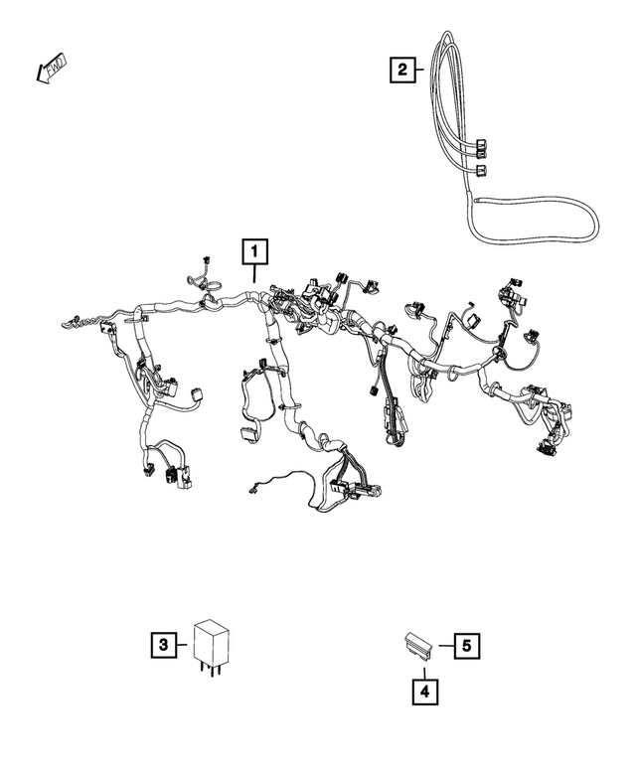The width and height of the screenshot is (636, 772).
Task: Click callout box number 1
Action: pyautogui.click(x=254, y=249)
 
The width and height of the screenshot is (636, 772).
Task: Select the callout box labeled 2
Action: pyautogui.click(x=401, y=69)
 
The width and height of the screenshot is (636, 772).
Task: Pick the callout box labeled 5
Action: pyautogui.click(x=468, y=645)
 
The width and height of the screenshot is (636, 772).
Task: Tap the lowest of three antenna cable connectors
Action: pyautogui.click(x=482, y=171)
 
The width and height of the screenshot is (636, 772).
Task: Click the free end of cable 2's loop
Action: pyautogui.click(x=478, y=200)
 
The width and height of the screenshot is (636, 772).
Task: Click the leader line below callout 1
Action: pyautogui.click(x=254, y=274)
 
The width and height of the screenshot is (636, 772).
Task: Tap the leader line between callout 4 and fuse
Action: pyautogui.click(x=424, y=667)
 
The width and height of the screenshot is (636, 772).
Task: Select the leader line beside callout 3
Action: pyautogui.click(x=185, y=645)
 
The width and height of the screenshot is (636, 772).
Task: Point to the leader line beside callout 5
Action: pyautogui.click(x=445, y=645)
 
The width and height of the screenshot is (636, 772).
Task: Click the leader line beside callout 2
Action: pyautogui.click(x=421, y=69)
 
